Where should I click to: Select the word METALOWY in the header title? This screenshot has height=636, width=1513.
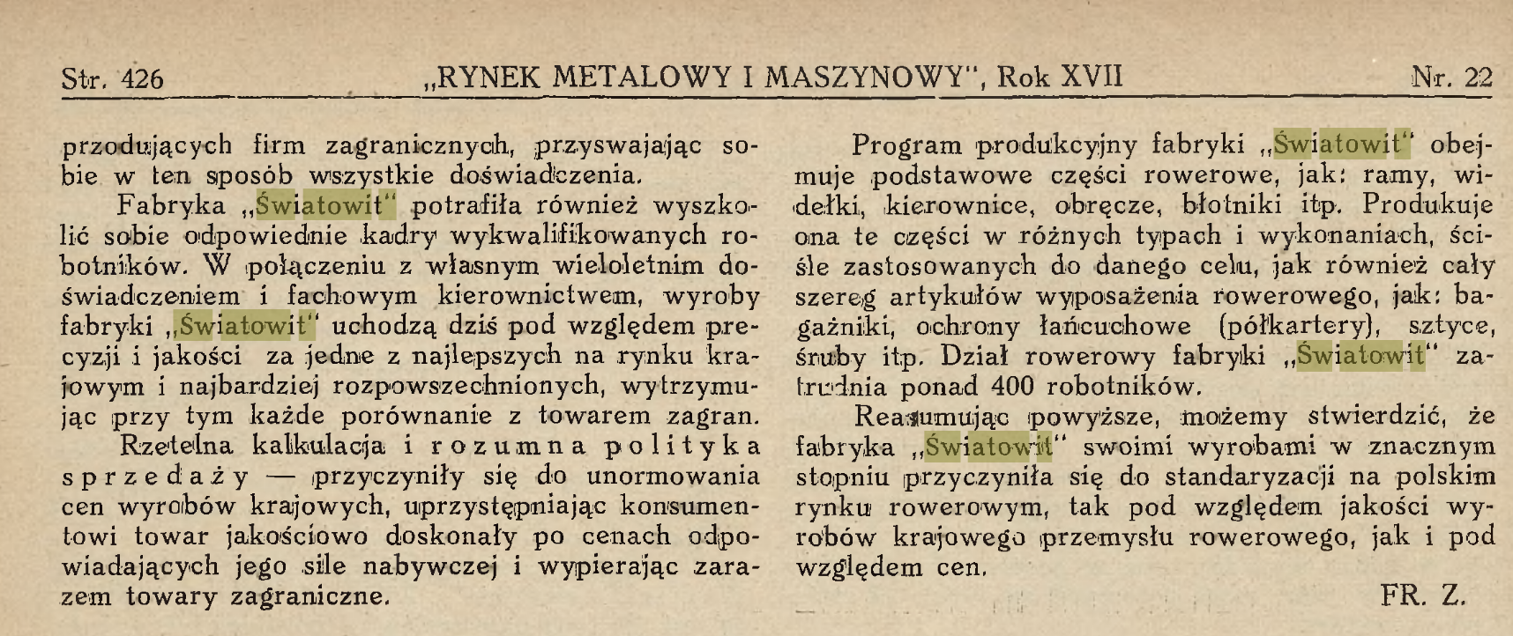[x=641, y=78]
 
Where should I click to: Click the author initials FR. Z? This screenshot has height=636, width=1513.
[x=1422, y=596]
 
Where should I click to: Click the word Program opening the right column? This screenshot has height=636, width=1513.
[x=908, y=145]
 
